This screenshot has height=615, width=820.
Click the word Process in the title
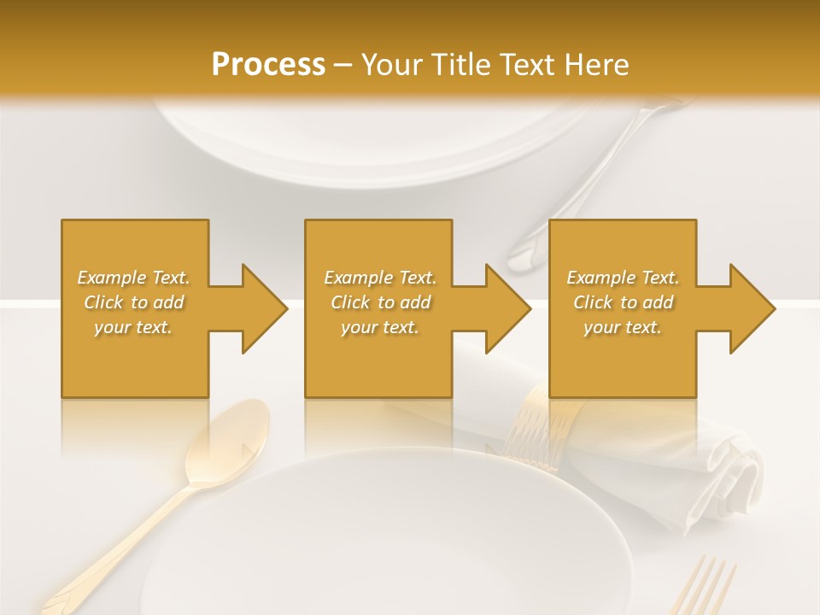268,65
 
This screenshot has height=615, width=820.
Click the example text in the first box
134,302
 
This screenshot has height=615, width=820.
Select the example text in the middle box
379,302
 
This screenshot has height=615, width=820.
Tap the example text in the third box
623,302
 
